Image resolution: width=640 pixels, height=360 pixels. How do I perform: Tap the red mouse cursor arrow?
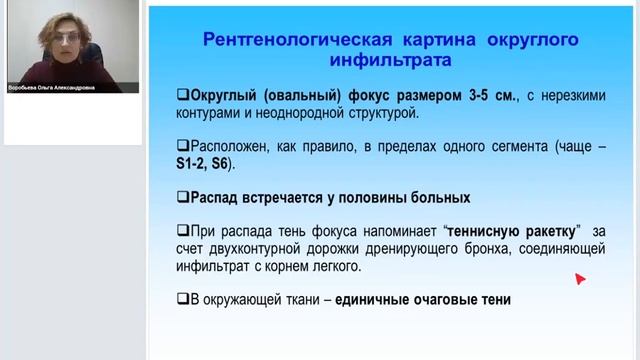579,279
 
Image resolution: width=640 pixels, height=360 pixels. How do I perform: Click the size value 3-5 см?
489,96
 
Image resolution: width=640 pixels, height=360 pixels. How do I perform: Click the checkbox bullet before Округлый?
182,96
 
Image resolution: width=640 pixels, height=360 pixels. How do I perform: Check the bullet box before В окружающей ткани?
182,299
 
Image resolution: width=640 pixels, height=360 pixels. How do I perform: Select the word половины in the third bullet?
380,197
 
